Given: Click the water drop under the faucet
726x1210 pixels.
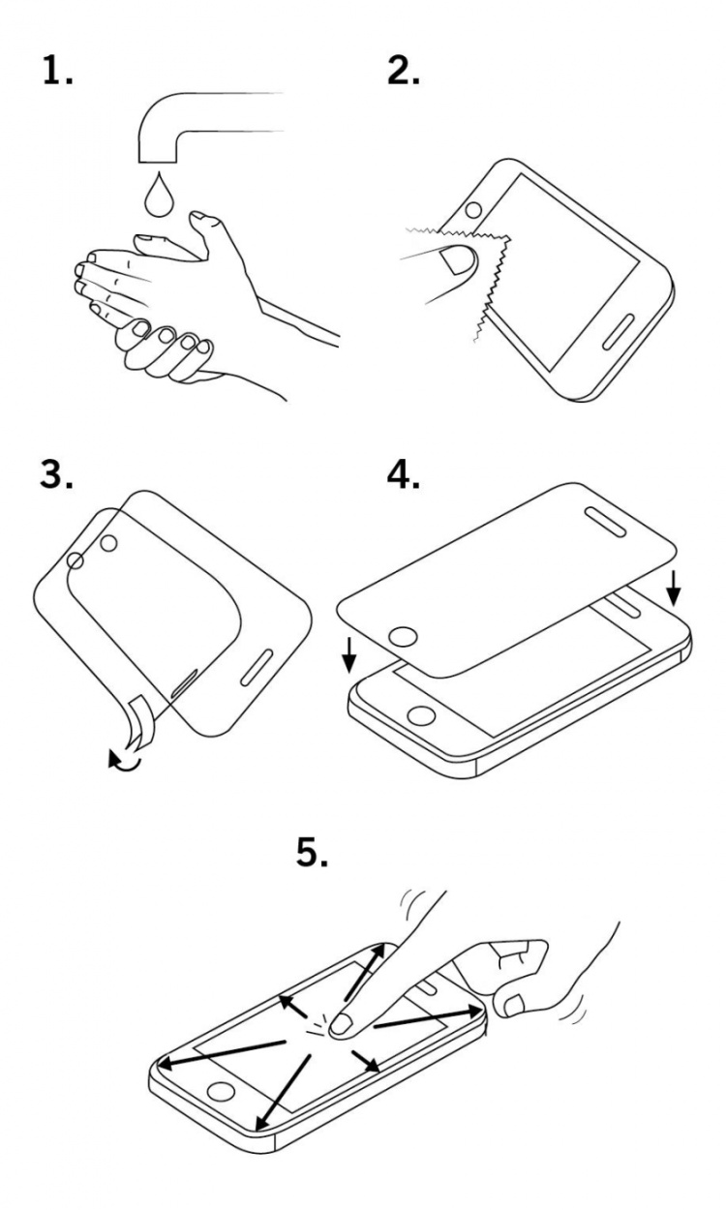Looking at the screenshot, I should click(156, 196).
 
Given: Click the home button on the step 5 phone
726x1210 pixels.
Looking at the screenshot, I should click(222, 1091).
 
